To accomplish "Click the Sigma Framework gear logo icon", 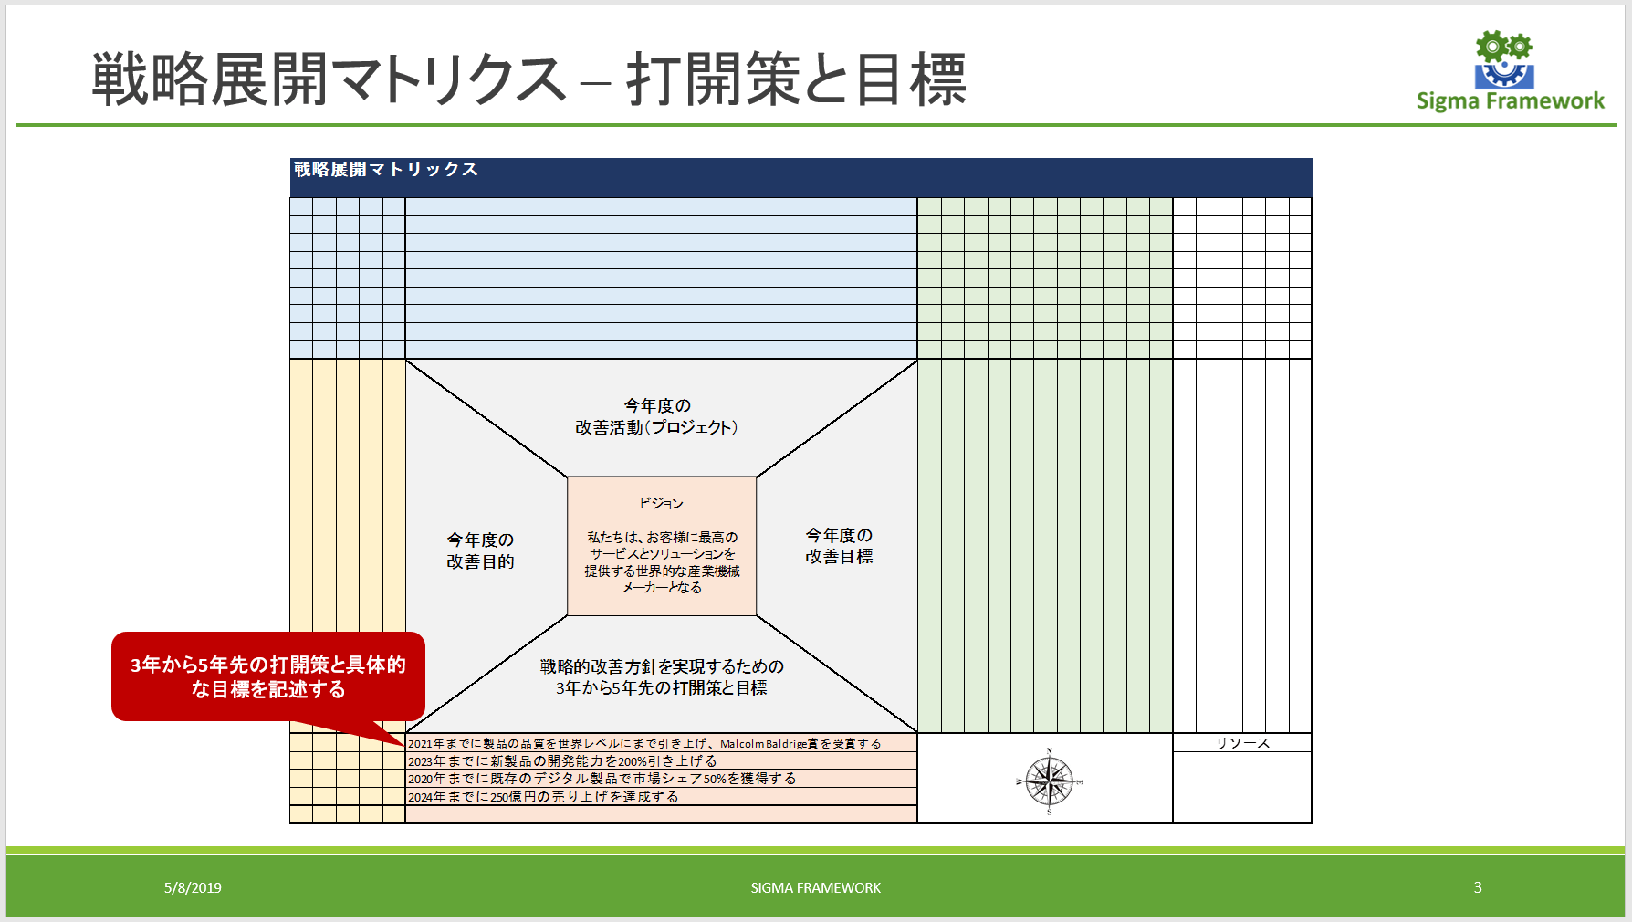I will pos(1503,59).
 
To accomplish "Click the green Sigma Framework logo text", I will pos(1510,101).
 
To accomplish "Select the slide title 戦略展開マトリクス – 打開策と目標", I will pos(528,79).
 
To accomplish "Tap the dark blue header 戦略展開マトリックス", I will pos(386,170).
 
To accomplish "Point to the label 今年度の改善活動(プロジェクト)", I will pos(656,416).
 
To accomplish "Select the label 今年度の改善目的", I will pos(480,550).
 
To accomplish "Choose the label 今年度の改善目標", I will pos(839,546).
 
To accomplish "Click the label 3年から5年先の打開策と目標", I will pos(662,677).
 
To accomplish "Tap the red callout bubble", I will pos(267,676).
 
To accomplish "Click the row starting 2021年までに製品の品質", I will pos(644,743).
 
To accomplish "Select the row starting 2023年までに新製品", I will pos(562,760).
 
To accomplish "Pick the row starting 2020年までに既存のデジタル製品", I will pos(602,779).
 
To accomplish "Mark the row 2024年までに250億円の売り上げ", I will pos(543,797).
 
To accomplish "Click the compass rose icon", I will pos(1049,781).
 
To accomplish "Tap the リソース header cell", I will pos(1242,743).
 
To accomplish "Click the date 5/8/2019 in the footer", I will pos(193,887).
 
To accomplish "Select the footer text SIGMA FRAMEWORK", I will pos(815,887).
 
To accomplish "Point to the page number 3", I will pos(1478,887).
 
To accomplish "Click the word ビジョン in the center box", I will pos(661,503).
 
